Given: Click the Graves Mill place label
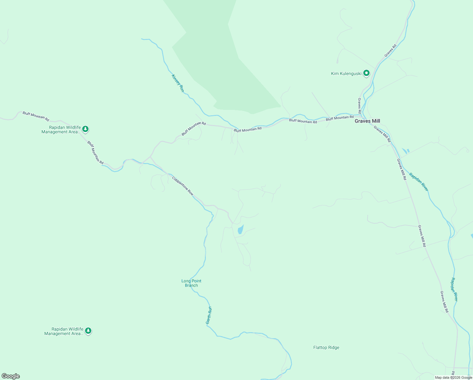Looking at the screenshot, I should (x=367, y=121).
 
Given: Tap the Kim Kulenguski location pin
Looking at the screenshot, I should (x=366, y=73).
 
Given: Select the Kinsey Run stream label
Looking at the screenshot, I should (x=177, y=83).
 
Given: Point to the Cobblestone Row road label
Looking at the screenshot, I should (x=182, y=185).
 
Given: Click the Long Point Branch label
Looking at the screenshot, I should (x=191, y=283).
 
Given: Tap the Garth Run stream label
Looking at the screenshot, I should (x=209, y=315).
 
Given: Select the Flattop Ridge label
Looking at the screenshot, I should (x=326, y=347).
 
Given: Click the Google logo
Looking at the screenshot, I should (x=11, y=376).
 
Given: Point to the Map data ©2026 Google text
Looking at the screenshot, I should (x=453, y=377).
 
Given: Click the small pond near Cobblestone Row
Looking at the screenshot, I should (x=241, y=230).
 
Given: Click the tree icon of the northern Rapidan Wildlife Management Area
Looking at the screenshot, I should (x=85, y=129).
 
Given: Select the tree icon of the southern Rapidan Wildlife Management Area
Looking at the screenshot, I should (x=88, y=331).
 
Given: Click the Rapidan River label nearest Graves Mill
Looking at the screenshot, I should (x=419, y=182).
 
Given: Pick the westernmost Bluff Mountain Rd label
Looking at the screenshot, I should (x=36, y=116).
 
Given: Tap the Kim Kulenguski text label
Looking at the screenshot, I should (x=346, y=74).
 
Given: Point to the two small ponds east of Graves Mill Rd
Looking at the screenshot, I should (x=405, y=151).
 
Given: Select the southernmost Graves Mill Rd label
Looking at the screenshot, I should (x=444, y=302).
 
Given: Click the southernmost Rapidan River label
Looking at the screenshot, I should (x=454, y=289).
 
